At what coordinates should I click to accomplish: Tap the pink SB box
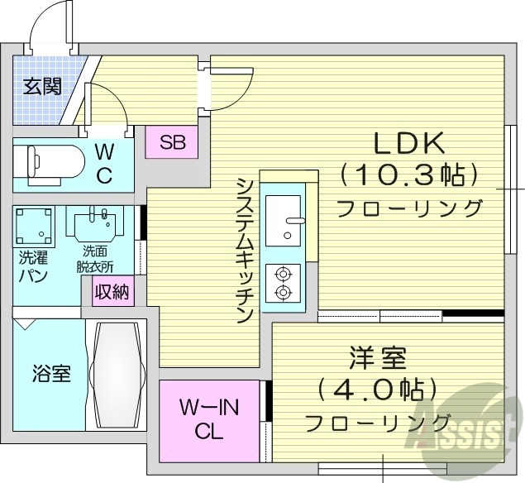click(x=172, y=142)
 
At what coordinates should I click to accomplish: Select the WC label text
click(x=104, y=164)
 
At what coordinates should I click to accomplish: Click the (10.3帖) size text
click(x=410, y=175)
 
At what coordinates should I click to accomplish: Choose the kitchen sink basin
click(x=283, y=218)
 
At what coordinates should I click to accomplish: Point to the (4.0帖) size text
click(x=377, y=390)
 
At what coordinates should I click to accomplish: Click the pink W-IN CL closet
click(x=208, y=418)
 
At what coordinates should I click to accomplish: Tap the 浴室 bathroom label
click(x=50, y=374)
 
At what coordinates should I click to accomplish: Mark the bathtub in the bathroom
click(x=117, y=375)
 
